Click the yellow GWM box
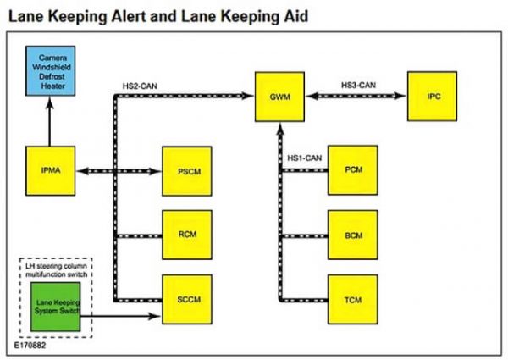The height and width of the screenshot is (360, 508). pos(279,97)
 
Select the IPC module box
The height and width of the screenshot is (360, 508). pos(432,97)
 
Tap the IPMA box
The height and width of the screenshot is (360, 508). pos(51,171)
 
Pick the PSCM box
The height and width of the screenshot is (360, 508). pos(187,171)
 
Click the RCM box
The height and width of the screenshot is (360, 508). pos(187,235)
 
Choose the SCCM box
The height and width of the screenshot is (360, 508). pos(187,299)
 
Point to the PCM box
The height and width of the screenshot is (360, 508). pos(353,170)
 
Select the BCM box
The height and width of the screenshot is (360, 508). pos(353,235)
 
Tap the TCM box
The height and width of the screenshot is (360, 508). pos(353,299)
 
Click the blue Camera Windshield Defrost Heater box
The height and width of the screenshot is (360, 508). pos(51,71)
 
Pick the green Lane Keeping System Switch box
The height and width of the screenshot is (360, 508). pos(56,307)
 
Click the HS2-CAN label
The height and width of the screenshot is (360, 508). pos(140,86)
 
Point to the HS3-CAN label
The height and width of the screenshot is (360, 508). pos(358,86)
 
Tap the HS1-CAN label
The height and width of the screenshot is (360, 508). pos(305,158)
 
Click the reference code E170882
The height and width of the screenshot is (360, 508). pos(30,345)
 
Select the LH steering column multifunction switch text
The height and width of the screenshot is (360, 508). pos(57,270)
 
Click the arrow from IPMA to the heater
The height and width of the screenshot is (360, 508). pos(50,121)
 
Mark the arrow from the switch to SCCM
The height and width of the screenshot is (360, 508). pos(120,316)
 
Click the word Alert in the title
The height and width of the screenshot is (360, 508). pos(129,16)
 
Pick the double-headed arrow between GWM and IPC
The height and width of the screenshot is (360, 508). pos(356,96)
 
